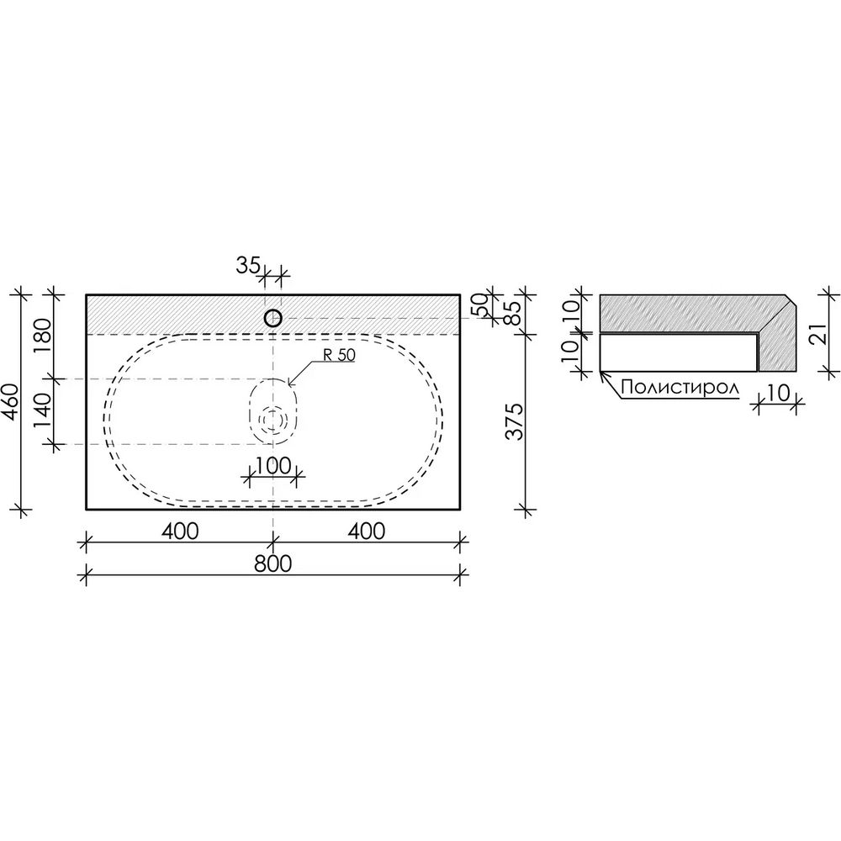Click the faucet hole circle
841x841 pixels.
pyautogui.click(x=273, y=319)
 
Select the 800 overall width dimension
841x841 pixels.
pyautogui.click(x=273, y=563)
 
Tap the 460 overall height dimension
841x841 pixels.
pyautogui.click(x=11, y=401)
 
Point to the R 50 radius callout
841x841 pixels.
pyautogui.click(x=339, y=355)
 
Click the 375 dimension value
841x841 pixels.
pyautogui.click(x=515, y=421)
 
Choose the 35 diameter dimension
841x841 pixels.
pyautogui.click(x=248, y=265)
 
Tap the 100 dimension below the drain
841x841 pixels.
pyautogui.click(x=273, y=466)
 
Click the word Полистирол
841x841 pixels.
pyautogui.click(x=680, y=387)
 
